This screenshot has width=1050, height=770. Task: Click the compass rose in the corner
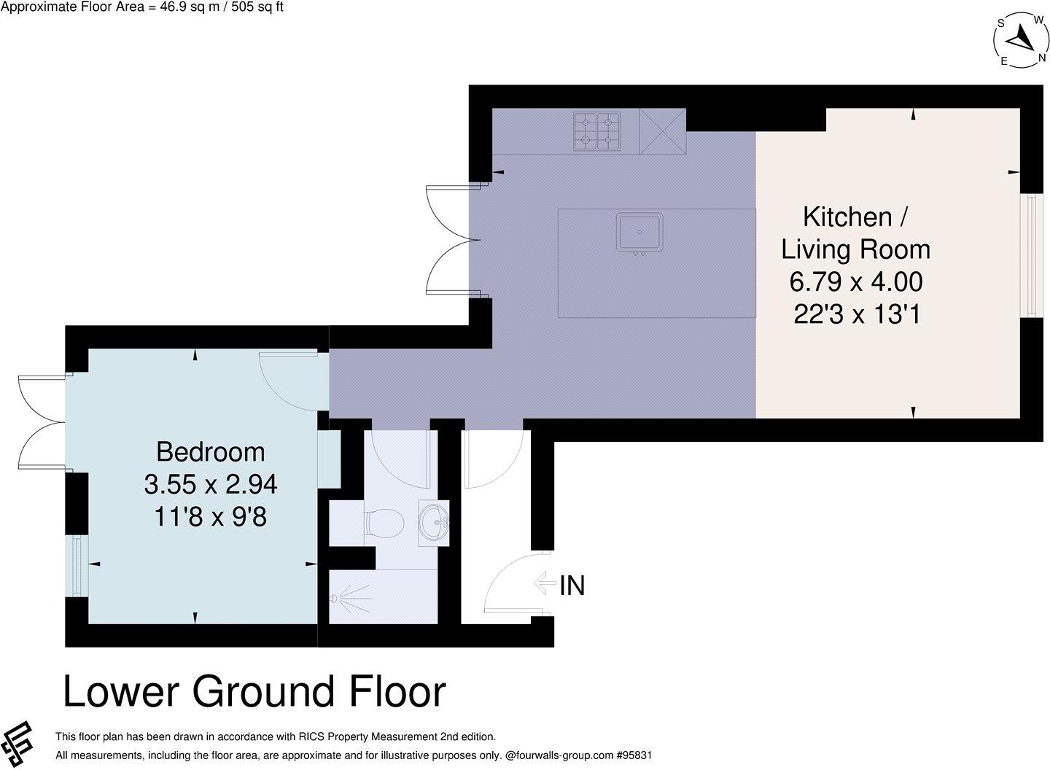pyautogui.click(x=1020, y=41)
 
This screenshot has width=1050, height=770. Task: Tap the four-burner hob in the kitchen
pyautogui.click(x=596, y=131)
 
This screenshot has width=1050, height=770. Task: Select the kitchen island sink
pyautogui.click(x=639, y=233)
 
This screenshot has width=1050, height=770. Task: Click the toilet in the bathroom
pyautogui.click(x=384, y=523)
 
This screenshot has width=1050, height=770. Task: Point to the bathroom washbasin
pyautogui.click(x=435, y=522)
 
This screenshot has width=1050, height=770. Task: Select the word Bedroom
pyautogui.click(x=210, y=452)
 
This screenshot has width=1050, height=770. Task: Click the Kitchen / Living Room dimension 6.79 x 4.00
pyautogui.click(x=855, y=281)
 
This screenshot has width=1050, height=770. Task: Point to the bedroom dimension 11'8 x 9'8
pyautogui.click(x=210, y=517)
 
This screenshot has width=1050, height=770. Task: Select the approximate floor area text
pyautogui.click(x=142, y=7)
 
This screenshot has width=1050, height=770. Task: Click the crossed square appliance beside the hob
pyautogui.click(x=663, y=131)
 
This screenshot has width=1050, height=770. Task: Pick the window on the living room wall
pyautogui.click(x=1031, y=255)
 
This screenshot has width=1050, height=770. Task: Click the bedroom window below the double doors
pyautogui.click(x=77, y=566)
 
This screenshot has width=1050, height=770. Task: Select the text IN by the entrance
pyautogui.click(x=572, y=586)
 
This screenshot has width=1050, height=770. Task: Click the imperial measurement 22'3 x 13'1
pyautogui.click(x=855, y=314)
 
